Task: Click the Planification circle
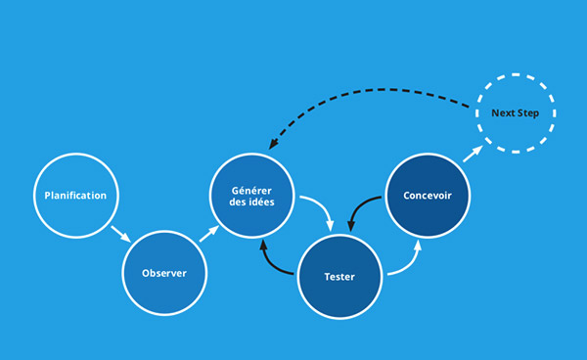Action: click(x=75, y=196)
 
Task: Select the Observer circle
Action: click(x=164, y=273)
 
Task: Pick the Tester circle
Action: click(x=339, y=276)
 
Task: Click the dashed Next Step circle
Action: click(x=516, y=114)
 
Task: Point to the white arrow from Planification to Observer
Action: click(x=121, y=236)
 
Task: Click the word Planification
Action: click(x=75, y=196)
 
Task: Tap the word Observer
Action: click(x=164, y=273)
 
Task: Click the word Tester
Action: click(x=339, y=276)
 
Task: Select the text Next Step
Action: click(x=516, y=114)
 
